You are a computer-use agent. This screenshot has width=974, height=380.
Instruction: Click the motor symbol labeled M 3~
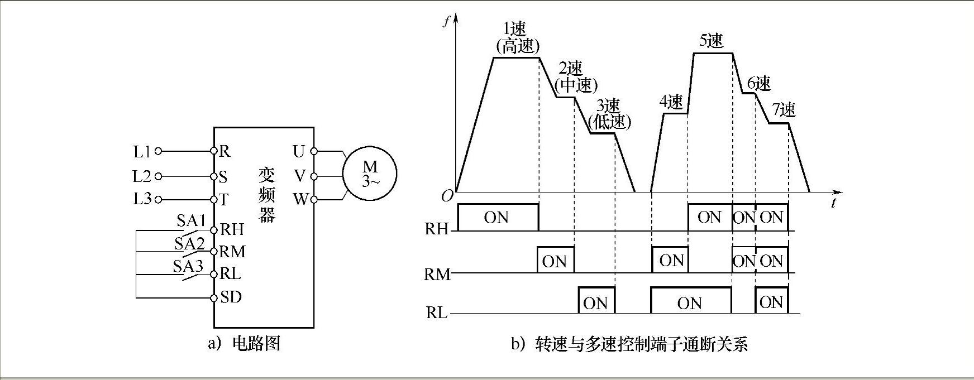[x=370, y=174]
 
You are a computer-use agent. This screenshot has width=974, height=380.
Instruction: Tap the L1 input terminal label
[x=142, y=151]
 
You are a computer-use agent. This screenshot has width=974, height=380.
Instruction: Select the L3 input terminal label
[x=142, y=199]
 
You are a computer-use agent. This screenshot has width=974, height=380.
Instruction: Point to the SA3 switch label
[x=187, y=266]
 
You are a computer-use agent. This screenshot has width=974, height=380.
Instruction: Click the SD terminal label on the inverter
[x=231, y=297]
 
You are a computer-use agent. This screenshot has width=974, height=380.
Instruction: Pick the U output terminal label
[x=299, y=151]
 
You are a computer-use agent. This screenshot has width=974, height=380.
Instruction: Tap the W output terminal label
[x=300, y=199]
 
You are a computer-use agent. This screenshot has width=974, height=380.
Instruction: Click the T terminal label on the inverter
[x=224, y=200]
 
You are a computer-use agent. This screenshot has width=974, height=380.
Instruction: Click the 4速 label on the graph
[x=671, y=102]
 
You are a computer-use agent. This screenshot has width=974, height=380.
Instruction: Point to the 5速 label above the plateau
[x=711, y=41]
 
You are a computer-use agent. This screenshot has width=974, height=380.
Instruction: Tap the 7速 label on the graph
[x=784, y=110]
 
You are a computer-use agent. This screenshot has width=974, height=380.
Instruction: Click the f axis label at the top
[x=445, y=22]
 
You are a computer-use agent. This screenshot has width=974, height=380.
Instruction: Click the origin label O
[x=447, y=196]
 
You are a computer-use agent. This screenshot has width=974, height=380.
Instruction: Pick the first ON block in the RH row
[x=497, y=217]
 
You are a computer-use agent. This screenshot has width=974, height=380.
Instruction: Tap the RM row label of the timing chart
[x=437, y=275]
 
